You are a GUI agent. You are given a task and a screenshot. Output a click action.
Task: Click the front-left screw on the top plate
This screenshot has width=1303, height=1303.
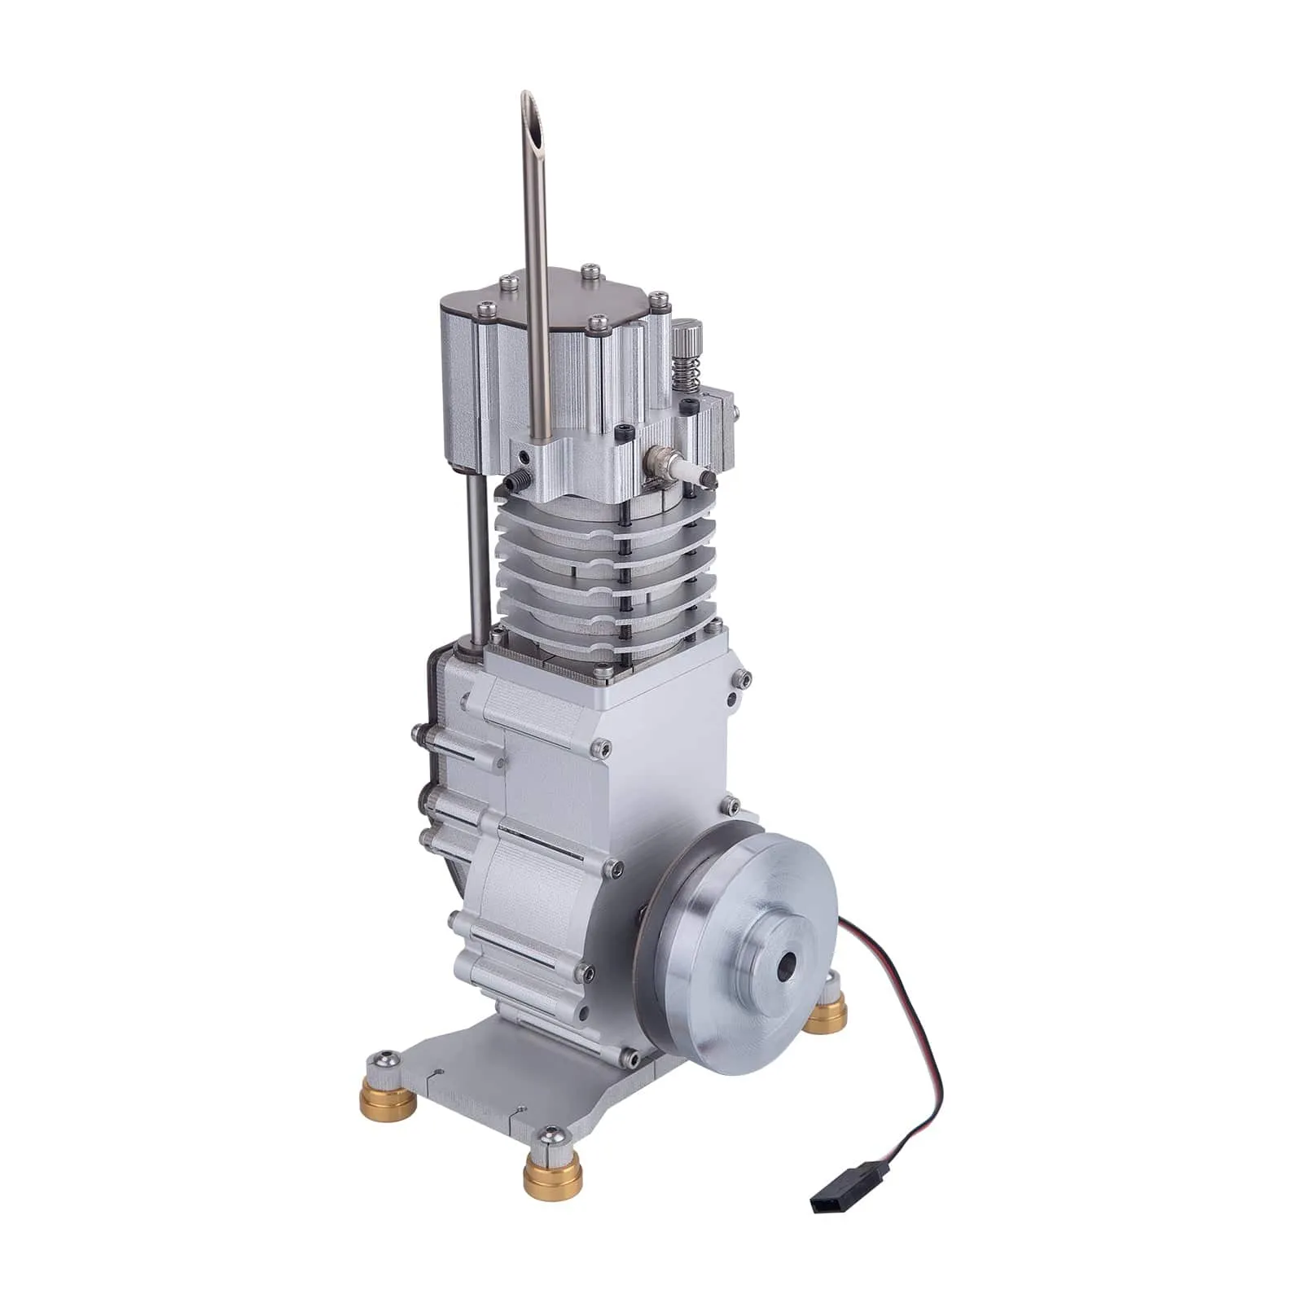click(x=487, y=308)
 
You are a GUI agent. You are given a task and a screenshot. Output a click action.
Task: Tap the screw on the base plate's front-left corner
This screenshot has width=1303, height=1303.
click(x=383, y=1060)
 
